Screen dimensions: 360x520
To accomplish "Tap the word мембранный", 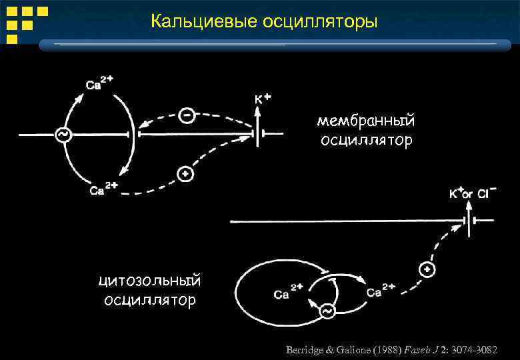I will pos(366,121).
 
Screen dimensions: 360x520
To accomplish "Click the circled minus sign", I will pos(187,115).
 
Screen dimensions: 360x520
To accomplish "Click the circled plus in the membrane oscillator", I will pos(185,175).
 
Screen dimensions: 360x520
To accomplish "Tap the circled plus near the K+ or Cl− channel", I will pos(425,269).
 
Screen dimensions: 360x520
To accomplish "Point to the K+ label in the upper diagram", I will pos(263,99).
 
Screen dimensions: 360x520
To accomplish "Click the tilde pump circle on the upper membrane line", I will pos(63,135).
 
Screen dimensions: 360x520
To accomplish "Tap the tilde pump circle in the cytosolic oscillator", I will pos(327,311).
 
